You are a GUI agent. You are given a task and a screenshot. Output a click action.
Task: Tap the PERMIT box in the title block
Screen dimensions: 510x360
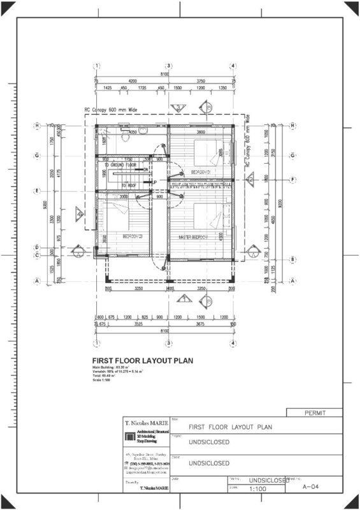coord(315,412)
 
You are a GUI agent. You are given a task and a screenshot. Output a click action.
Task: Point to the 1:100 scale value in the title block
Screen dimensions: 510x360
coord(257,489)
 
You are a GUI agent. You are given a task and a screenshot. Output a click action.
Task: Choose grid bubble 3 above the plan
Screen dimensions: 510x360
coord(169,66)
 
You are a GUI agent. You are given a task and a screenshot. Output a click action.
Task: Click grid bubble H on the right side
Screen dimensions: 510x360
coord(292,126)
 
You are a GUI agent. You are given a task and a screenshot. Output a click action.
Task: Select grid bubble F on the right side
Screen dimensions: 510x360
coord(292,179)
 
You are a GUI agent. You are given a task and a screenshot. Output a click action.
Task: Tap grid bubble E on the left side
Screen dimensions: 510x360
coord(38,191)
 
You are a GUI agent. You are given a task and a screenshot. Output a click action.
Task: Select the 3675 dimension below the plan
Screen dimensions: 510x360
coord(202,324)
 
